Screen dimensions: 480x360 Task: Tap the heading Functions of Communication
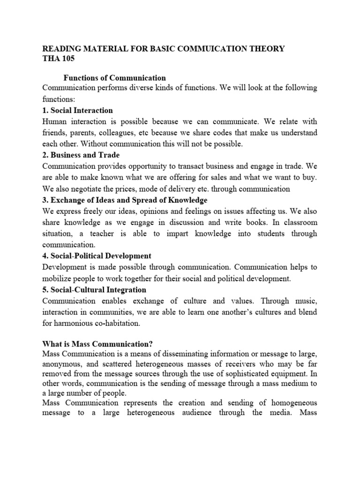pos(114,78)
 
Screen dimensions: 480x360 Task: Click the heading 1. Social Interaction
pos(77,111)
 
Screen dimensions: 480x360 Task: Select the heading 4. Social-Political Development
pos(97,256)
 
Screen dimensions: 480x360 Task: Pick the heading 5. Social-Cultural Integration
pos(94,290)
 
